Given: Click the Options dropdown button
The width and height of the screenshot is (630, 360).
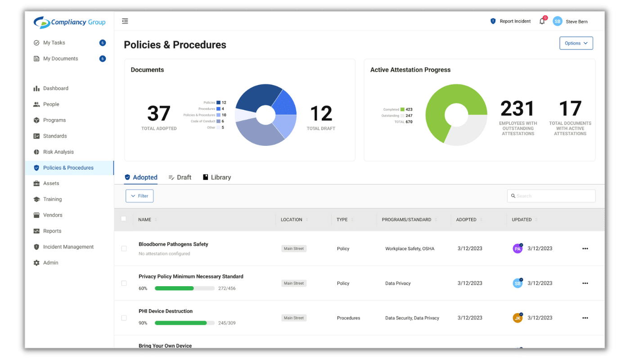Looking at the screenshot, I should pos(576,43).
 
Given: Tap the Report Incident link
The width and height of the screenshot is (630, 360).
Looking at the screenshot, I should pos(511,21).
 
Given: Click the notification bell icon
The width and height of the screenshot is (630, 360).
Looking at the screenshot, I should pos(542,21).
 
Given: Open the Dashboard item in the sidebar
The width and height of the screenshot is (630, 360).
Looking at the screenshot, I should pos(55,88).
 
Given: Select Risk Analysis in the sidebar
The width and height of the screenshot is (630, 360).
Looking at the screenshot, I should pos(58,152).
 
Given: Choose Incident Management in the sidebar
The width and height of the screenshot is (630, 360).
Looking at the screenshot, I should pos(68,247).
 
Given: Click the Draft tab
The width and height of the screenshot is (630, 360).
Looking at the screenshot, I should pos(180,177).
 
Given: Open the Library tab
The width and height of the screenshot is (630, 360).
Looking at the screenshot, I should pos(217,177).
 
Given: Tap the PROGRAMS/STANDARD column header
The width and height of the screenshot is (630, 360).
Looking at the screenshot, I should pos(406,220).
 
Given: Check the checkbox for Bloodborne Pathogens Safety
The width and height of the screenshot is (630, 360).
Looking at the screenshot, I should pos(124,248).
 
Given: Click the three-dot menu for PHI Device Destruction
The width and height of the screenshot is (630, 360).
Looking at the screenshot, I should pos(585,318).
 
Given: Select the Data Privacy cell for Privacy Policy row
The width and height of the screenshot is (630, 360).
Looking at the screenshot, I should pos(398,283).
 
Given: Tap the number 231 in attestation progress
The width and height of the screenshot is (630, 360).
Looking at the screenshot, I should pos(517,109).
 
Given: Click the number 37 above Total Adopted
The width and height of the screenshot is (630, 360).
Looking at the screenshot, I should pos(159,113).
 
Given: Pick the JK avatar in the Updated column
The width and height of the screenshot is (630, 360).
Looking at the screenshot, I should pos(517,318).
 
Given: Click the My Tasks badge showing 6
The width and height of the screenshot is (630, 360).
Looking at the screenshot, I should pos(102,43).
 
